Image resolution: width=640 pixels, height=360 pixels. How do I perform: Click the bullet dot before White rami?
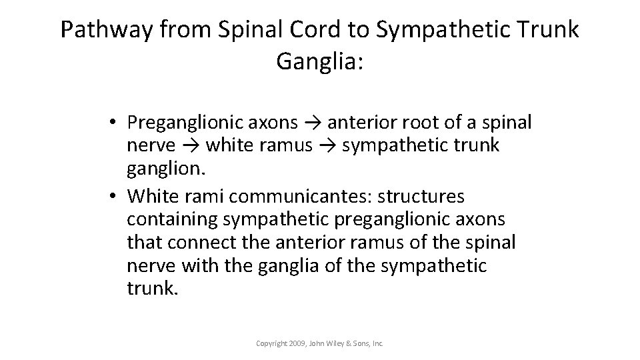(x=115, y=197)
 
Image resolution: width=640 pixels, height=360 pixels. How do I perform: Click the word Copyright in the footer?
(x=271, y=343)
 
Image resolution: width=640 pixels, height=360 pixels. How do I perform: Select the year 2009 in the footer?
(x=297, y=343)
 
